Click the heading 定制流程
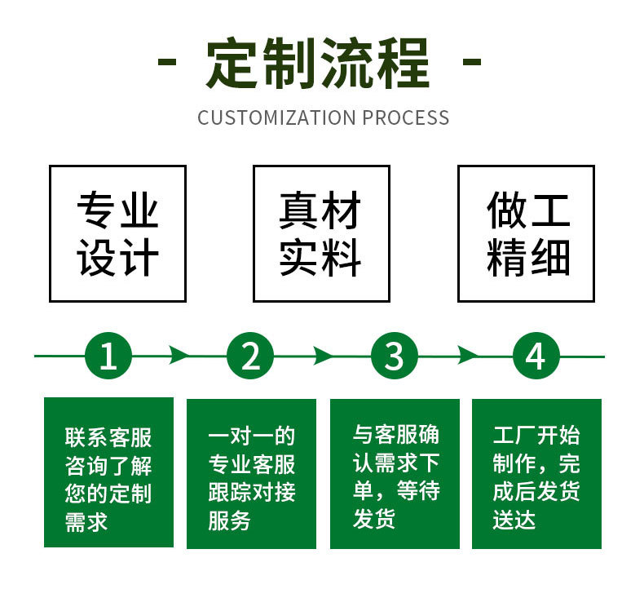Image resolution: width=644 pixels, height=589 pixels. point(317,63)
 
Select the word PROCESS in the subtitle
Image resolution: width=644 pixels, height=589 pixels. point(406,117)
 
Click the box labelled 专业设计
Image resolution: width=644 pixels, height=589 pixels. point(117,233)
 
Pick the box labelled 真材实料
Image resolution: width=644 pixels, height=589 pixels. point(321,233)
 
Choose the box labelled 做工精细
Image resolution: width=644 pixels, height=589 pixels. point(526,233)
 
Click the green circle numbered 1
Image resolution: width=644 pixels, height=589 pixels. point(108,356)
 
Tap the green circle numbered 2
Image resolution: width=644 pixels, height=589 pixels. point(250,356)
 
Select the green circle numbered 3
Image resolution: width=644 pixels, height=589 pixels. point(394,356)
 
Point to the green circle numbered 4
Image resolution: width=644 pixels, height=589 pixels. point(536,356)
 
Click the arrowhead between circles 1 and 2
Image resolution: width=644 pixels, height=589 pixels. point(179,356)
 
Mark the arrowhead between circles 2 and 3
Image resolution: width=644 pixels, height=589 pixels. point(323,356)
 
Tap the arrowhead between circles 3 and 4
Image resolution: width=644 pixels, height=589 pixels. point(466,356)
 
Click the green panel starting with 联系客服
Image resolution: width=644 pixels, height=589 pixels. point(108,472)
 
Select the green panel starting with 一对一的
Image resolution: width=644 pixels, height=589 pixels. point(251,472)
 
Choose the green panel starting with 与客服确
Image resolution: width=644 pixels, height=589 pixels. point(395,472)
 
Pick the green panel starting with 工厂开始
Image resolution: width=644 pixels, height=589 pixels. point(536,472)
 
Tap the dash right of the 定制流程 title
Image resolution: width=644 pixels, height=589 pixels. point(471,62)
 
